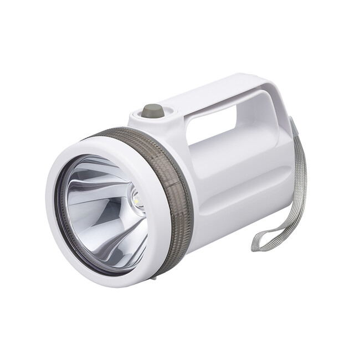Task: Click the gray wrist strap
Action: click(x=294, y=205)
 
